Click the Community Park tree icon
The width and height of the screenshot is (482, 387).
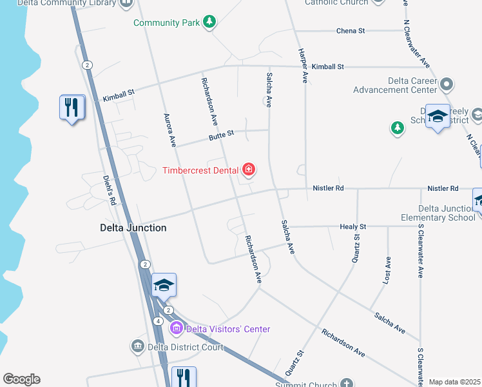[209, 23]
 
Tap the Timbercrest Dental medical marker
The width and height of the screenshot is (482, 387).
[249, 170]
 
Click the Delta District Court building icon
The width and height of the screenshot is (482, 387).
[137, 347]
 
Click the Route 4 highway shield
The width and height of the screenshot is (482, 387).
[158, 321]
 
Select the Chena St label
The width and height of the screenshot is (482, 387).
[351, 31]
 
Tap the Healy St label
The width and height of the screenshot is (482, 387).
[352, 227]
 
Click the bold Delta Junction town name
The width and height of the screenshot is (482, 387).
[133, 228]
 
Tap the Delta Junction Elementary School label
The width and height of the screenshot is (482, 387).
[447, 213]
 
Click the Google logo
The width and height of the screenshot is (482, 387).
[21, 379]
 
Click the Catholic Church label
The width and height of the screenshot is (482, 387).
[336, 3]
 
